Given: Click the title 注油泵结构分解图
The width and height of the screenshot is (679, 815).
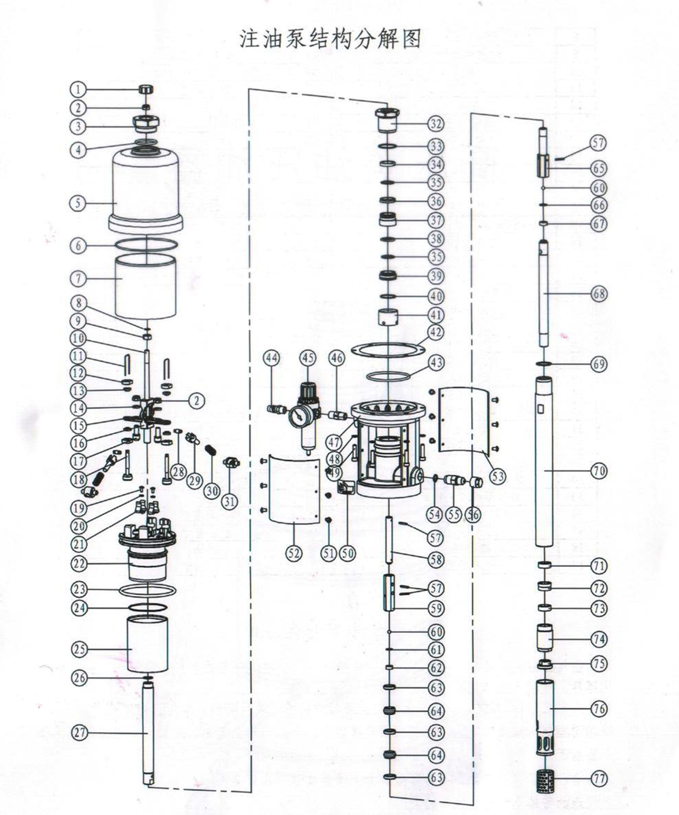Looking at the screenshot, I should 331,39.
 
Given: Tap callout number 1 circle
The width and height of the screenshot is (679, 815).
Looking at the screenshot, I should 78,89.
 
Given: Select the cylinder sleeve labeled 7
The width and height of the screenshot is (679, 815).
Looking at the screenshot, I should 145,287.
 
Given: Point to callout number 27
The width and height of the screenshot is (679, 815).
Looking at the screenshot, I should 80,733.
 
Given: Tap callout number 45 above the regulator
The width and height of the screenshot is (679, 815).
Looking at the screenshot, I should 308,358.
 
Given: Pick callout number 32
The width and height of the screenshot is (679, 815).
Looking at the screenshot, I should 436,123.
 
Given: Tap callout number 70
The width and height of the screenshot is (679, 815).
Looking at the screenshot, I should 599,471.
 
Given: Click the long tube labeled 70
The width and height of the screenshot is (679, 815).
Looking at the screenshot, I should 544,469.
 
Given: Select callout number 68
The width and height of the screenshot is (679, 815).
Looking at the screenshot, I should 599,294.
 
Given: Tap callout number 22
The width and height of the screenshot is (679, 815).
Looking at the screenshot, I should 79,564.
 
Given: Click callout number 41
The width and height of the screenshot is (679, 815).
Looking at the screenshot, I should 436,314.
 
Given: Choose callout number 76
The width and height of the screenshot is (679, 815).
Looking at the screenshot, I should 599,708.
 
